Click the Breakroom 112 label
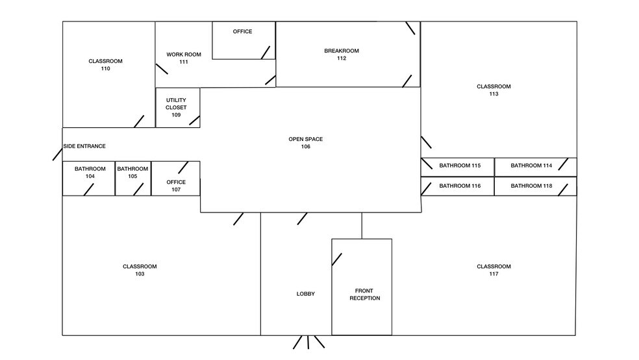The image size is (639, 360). click(x=342, y=55)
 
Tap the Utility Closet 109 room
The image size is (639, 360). click(x=178, y=108)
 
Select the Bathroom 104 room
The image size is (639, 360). click(x=88, y=179)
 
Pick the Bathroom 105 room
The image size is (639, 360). click(x=133, y=179)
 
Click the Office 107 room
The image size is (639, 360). click(x=175, y=179)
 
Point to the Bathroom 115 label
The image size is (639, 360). click(x=460, y=166)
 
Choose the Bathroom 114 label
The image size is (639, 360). click(x=531, y=166)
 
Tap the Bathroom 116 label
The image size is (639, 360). click(x=460, y=186)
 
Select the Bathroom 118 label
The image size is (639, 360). click(x=531, y=186)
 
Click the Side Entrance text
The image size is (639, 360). click(x=84, y=146)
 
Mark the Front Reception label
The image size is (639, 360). click(x=365, y=294)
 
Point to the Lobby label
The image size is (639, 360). click(x=306, y=294)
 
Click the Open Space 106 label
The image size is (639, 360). click(x=306, y=143)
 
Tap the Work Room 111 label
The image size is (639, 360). click(x=184, y=58)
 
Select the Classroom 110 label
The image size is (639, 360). click(x=106, y=65)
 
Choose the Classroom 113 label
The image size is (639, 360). click(x=494, y=90)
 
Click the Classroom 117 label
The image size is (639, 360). click(x=494, y=270)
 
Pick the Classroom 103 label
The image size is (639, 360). click(x=140, y=270)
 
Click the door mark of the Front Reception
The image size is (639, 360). click(x=336, y=259)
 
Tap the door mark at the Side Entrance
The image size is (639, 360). click(x=57, y=155)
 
